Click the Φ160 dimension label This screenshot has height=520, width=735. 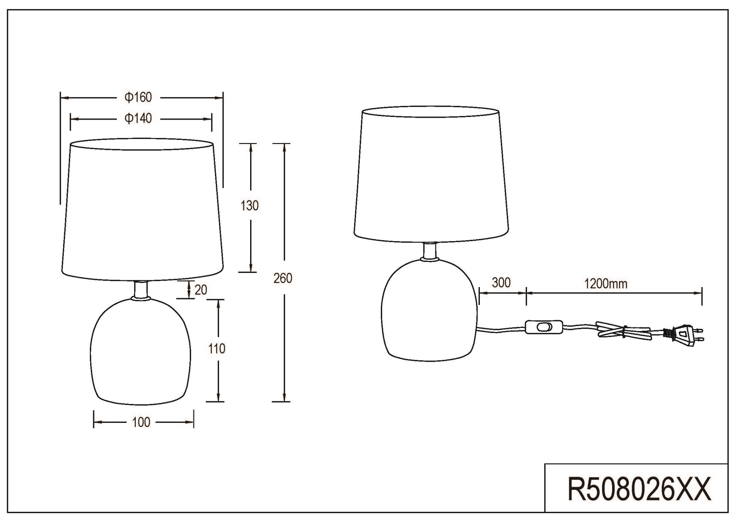138,97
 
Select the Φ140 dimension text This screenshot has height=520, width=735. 138,118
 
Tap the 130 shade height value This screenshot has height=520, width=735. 250,205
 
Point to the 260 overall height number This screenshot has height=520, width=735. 283,278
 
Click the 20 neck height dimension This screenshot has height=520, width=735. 201,290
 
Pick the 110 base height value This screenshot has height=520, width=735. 216,349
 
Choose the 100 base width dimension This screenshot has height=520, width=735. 141,422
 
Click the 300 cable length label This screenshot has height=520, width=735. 501,282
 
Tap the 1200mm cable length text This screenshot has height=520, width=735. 606,284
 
